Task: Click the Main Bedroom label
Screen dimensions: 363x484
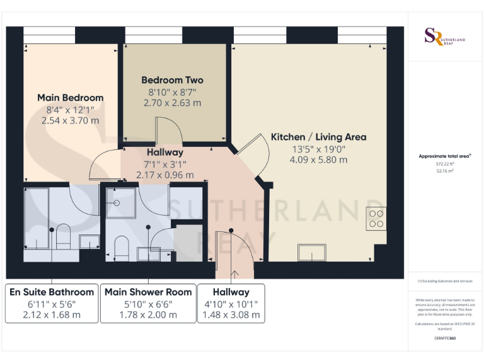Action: pos(70,98)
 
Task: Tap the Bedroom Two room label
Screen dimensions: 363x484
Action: pos(172,80)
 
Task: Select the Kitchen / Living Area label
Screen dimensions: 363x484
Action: pos(318,137)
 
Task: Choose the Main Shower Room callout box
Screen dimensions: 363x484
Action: pos(148,303)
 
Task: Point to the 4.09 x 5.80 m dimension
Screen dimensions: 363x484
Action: pos(318,160)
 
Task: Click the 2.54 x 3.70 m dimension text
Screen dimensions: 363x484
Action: pos(70,120)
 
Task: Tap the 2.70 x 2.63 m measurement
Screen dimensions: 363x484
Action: pos(172,103)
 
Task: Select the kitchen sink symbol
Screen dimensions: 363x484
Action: pos(313,253)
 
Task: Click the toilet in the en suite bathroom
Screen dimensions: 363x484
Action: pos(63,237)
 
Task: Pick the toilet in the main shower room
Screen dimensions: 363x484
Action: pos(122,248)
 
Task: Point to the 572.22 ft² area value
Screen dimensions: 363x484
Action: pos(444,163)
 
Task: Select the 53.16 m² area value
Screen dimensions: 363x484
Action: pos(444,170)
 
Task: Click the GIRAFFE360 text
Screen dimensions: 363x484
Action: pos(445,338)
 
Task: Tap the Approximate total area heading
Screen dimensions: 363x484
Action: pos(444,156)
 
